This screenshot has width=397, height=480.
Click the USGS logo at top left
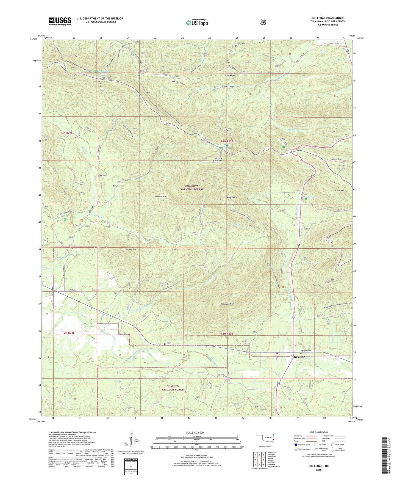coord(60,21)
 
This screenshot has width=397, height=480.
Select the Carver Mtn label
coord(131,249)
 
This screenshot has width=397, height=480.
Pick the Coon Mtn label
coord(339,191)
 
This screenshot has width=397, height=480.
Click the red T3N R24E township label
coord(66,133)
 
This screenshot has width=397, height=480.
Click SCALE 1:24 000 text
coord(195,432)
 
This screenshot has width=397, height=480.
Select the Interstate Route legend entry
coord(302,444)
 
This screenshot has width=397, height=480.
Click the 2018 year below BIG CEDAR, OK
coord(318,470)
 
